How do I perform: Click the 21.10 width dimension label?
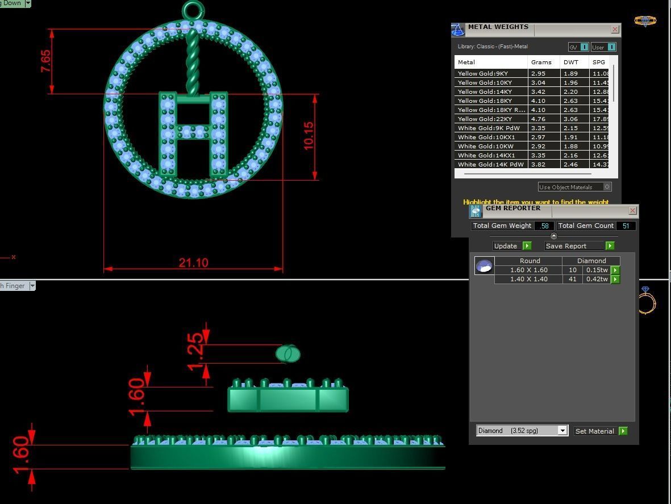(x=193, y=263)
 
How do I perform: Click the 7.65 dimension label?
(x=45, y=61)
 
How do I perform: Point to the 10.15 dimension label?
(x=309, y=136)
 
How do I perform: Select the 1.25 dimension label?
(x=195, y=351)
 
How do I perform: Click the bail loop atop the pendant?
(x=193, y=10)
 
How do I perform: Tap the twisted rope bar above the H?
(x=193, y=63)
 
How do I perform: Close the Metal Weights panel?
(x=615, y=29)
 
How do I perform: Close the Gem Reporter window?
(x=632, y=210)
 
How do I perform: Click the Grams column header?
(x=541, y=62)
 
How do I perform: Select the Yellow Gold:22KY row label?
(x=485, y=119)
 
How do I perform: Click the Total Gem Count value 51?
(x=626, y=226)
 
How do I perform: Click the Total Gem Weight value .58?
(x=544, y=226)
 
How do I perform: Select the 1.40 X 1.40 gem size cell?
(x=528, y=279)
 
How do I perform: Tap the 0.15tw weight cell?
(x=597, y=270)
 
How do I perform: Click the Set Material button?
(x=594, y=431)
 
